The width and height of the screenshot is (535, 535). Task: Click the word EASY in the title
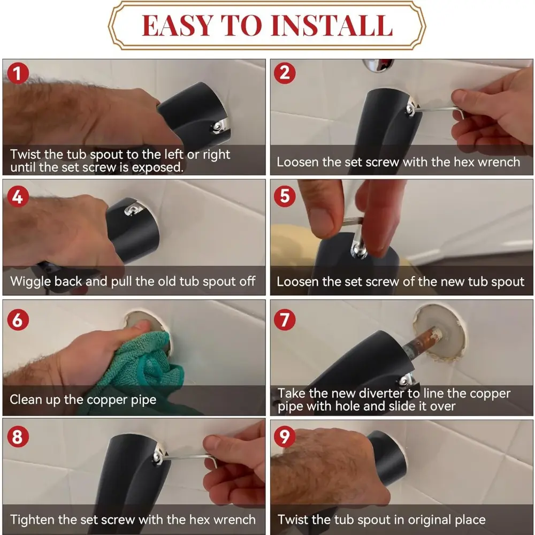(177, 26)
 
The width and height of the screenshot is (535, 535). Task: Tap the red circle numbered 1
(18, 73)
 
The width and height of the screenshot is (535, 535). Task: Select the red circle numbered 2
(285, 73)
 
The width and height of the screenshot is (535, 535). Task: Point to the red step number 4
(18, 196)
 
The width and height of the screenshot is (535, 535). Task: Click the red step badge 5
(285, 196)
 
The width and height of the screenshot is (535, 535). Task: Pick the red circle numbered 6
(18, 320)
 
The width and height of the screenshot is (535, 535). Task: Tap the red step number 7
(285, 320)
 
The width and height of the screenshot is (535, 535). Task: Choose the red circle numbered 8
(18, 437)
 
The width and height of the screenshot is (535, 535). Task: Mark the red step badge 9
(285, 437)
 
